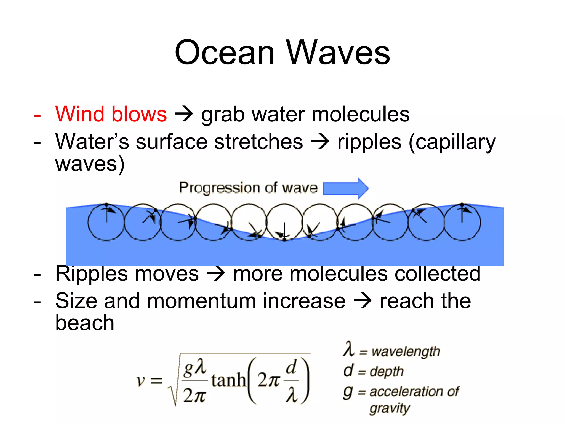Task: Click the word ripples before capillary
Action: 369,142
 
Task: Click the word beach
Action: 85,323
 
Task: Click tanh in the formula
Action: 229,380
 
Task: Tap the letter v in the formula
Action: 141,381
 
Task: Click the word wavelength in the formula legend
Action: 406,352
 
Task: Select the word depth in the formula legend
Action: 387,372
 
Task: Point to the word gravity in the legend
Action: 390,408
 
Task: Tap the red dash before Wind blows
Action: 38,115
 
